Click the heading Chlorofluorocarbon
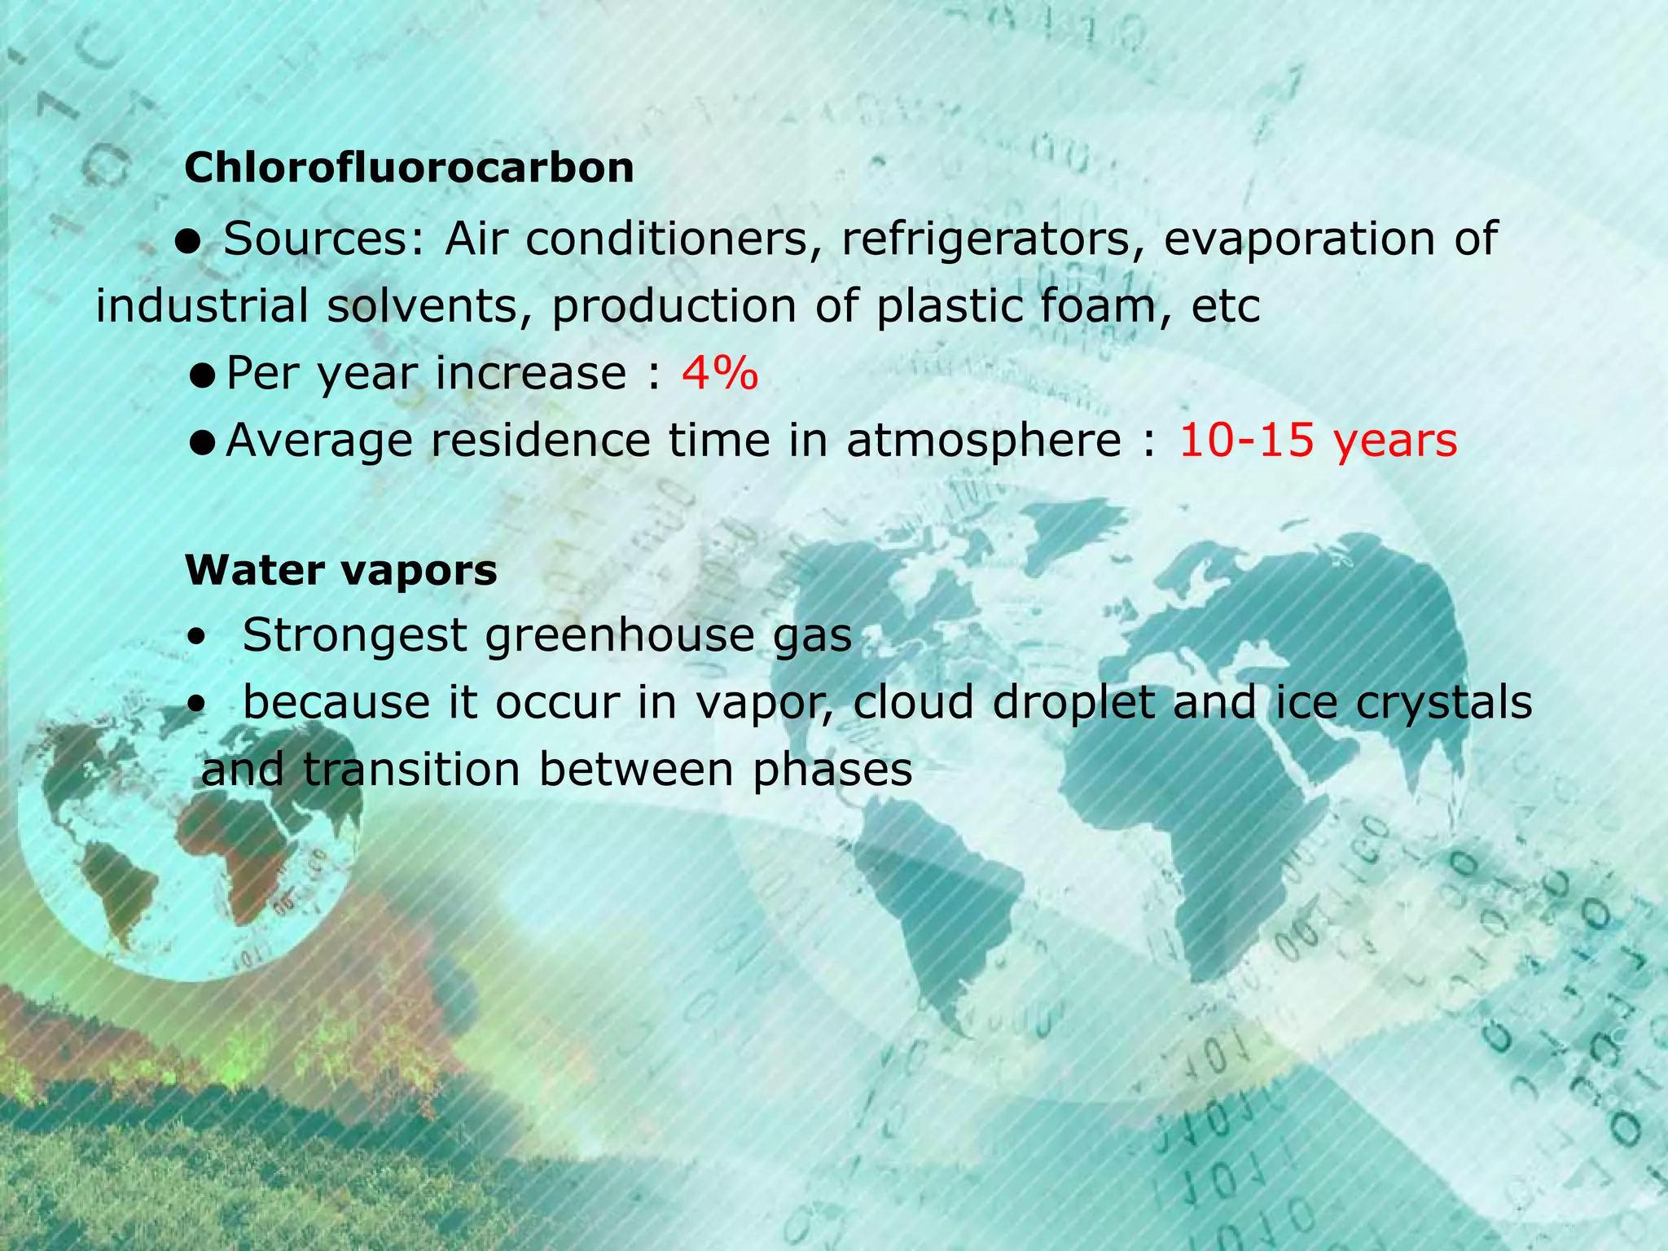409,169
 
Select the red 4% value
720,374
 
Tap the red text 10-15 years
1318,441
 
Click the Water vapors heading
340,569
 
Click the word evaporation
1299,239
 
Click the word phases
832,770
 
